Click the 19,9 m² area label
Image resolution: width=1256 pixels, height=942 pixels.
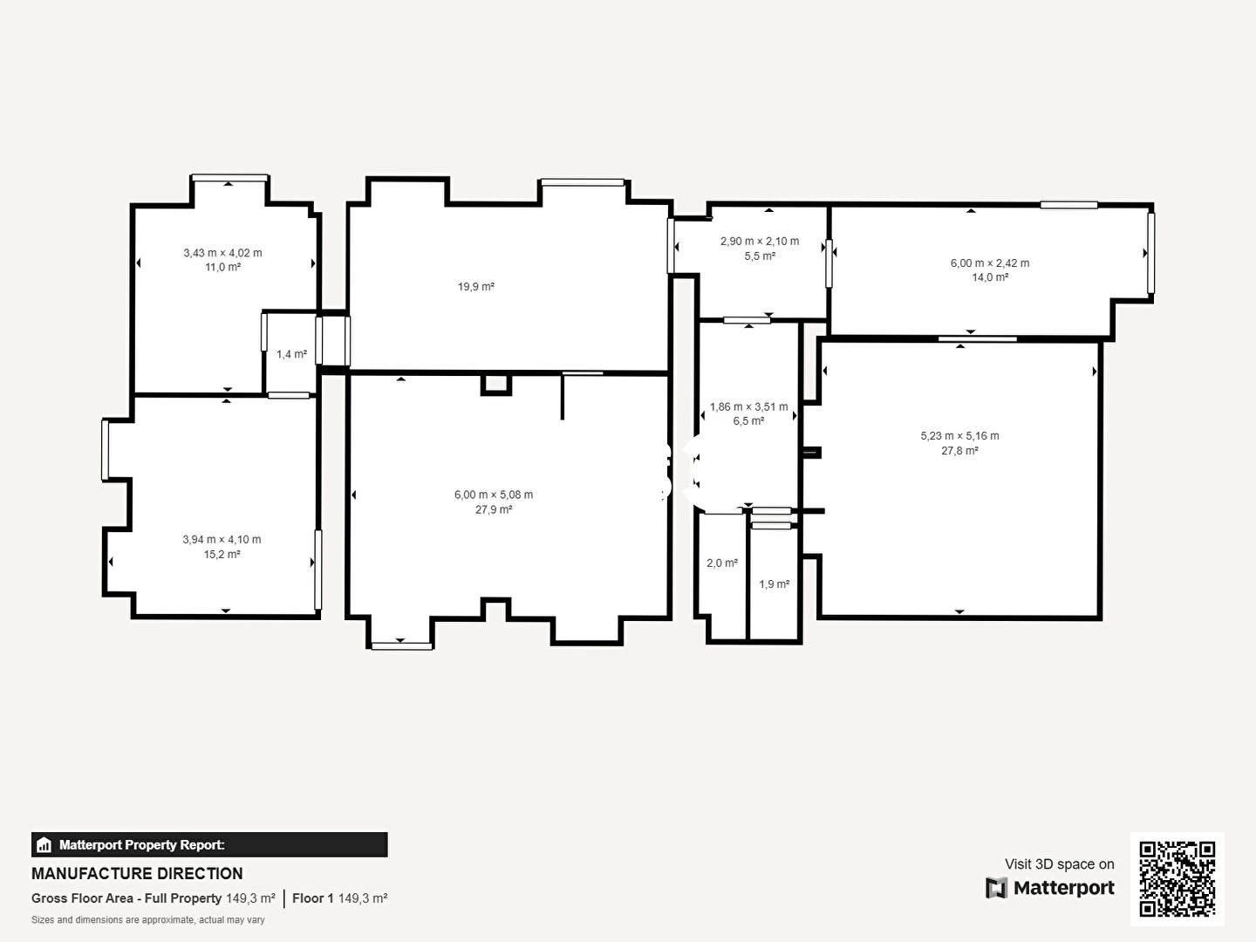[x=475, y=287]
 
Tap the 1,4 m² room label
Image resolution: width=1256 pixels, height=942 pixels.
[x=292, y=355]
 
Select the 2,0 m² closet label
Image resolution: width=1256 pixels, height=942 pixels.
[x=722, y=563]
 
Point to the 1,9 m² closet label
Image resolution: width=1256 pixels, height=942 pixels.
[x=775, y=584]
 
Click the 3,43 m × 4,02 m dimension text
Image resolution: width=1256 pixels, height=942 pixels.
[x=222, y=253]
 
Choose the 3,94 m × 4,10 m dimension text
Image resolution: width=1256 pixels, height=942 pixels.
[x=222, y=539]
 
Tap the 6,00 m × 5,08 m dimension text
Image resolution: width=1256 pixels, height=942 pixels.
[x=494, y=495]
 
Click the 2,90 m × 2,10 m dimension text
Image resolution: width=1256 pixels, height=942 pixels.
[x=760, y=242]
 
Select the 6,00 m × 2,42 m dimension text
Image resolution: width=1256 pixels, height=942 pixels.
[x=990, y=263]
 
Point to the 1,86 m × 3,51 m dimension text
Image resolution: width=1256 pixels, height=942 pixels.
[x=749, y=406]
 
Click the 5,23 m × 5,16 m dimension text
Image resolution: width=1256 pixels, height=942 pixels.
[x=960, y=436]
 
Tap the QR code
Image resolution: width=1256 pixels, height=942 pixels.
[x=1177, y=879]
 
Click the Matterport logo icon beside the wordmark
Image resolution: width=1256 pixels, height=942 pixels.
[x=996, y=888]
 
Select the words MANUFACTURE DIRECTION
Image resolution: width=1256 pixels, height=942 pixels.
[x=137, y=874]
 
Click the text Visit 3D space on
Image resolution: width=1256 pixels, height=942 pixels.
[x=1060, y=864]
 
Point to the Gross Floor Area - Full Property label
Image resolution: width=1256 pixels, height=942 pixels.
[x=126, y=898]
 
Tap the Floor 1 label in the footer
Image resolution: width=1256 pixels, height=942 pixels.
[x=313, y=898]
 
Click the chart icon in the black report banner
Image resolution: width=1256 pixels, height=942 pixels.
[x=44, y=845]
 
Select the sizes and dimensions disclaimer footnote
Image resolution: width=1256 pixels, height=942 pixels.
[x=148, y=920]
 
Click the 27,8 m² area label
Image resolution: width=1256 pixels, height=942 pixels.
[x=960, y=451]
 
